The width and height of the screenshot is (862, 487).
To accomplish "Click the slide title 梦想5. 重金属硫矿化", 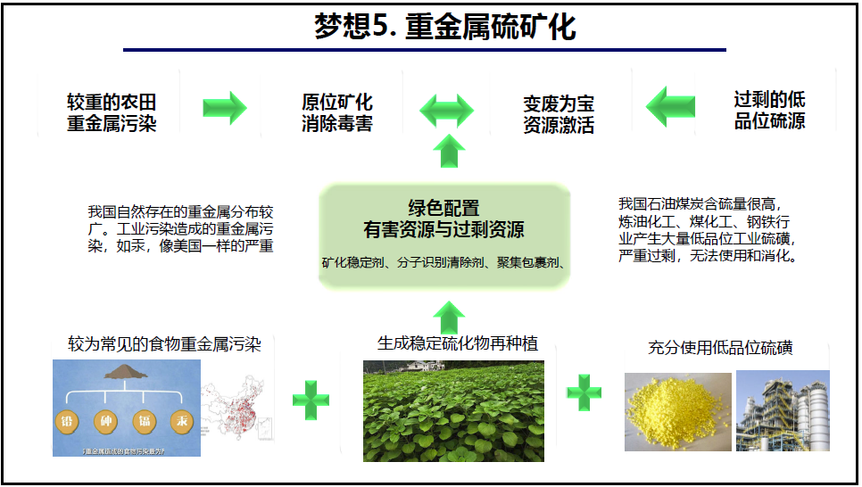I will (444, 27).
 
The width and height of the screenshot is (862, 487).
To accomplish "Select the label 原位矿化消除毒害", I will (336, 112).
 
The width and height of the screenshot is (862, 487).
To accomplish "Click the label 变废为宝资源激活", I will (559, 114).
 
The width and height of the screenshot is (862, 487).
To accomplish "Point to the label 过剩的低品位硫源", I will (769, 110).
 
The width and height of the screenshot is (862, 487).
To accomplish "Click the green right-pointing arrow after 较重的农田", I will (224, 107).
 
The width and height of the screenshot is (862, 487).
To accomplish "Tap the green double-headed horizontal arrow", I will (447, 111).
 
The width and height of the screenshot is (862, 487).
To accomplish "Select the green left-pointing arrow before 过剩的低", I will (670, 108).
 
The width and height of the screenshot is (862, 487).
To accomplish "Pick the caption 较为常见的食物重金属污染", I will (164, 344).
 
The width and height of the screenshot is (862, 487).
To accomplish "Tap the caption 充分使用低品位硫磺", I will (721, 348).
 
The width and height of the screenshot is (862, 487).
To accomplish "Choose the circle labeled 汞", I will (182, 422).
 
